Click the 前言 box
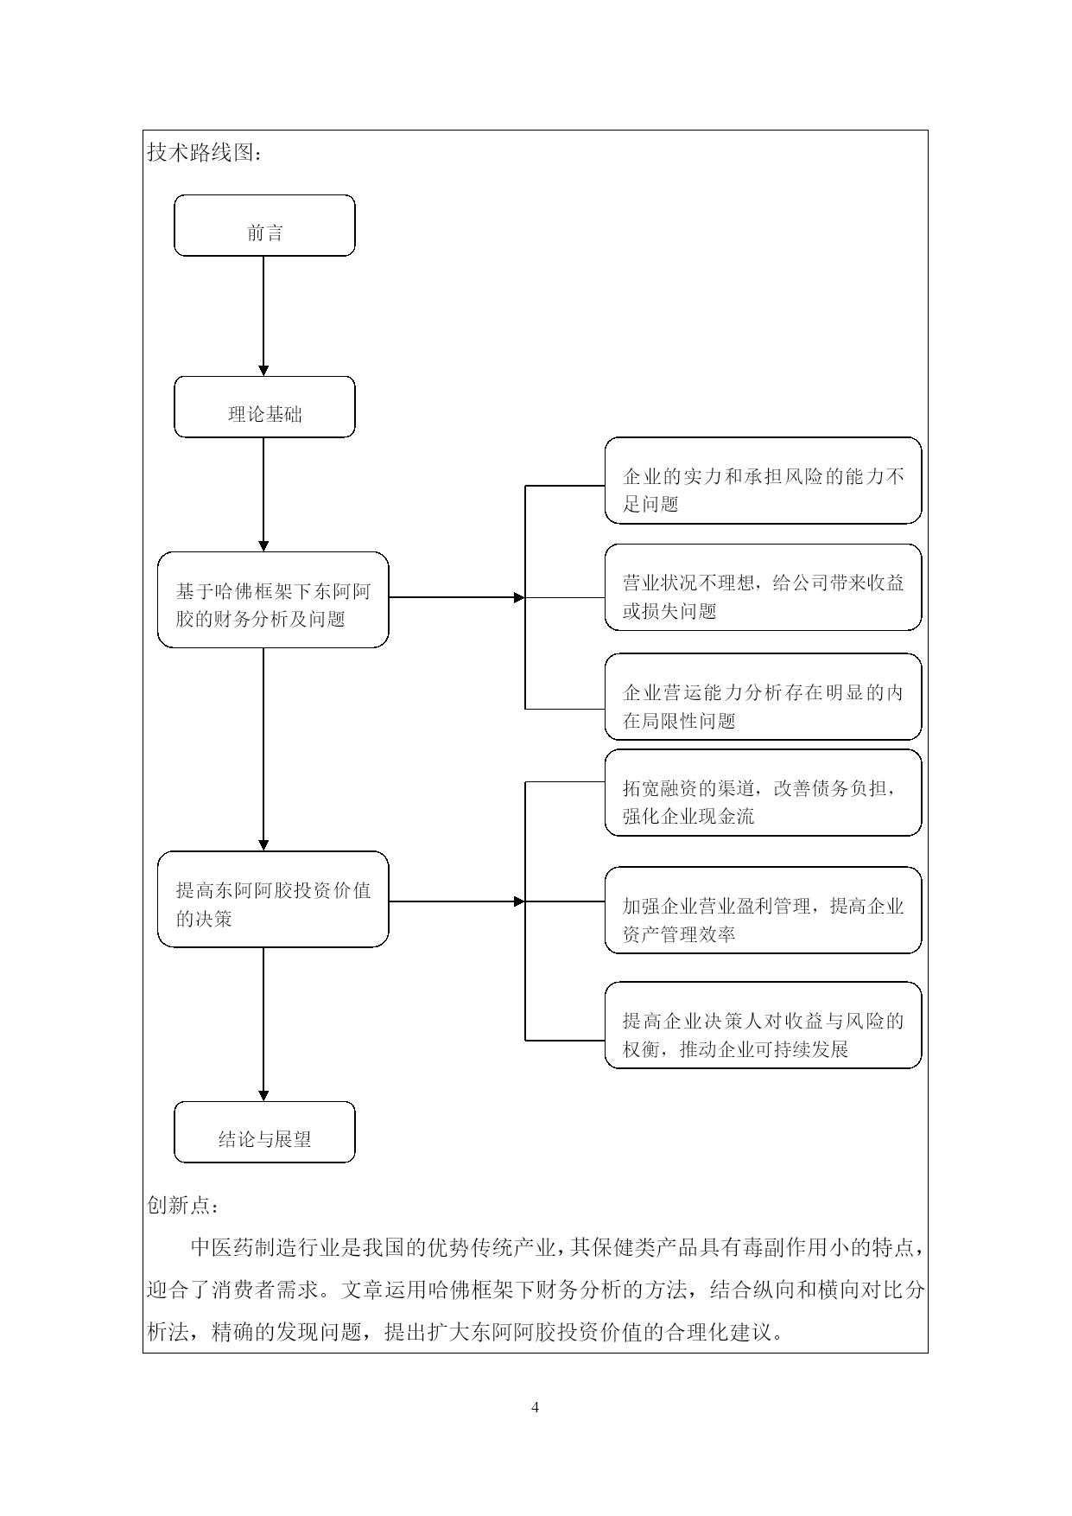coord(264,226)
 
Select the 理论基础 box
coord(264,407)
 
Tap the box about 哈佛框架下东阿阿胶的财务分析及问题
coord(273,600)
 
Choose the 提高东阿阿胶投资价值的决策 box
coord(273,900)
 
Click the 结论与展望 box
coord(264,1132)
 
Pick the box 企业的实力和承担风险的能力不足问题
coord(763,481)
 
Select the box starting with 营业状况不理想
coord(763,588)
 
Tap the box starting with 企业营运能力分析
coord(763,697)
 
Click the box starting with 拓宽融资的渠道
coord(763,793)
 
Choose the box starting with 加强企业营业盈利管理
coord(763,910)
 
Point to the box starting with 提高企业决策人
coord(763,1025)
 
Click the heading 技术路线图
coord(204,153)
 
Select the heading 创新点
coord(183,1205)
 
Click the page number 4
coord(536,1407)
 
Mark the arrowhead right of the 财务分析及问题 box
coord(519,597)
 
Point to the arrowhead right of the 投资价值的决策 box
coord(519,901)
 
